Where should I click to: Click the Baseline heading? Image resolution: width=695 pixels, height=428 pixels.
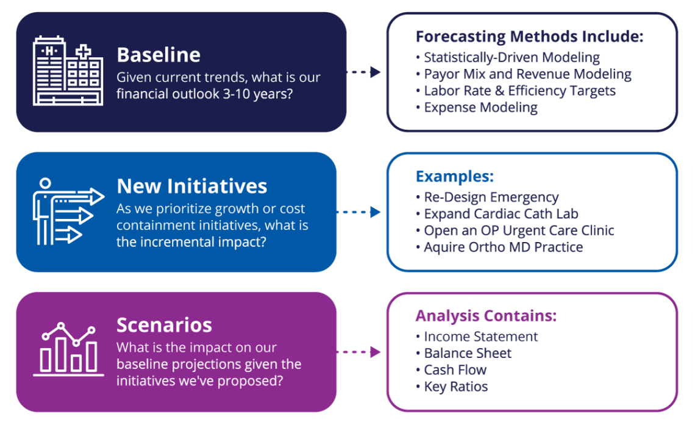(159, 55)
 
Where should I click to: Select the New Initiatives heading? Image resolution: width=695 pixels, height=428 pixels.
(191, 186)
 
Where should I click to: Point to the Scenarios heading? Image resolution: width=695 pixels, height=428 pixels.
(164, 324)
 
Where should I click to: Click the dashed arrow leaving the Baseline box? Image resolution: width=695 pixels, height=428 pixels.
(363, 72)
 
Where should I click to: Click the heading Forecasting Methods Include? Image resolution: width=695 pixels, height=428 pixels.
(529, 37)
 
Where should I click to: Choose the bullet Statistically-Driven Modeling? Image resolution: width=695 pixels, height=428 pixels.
(511, 58)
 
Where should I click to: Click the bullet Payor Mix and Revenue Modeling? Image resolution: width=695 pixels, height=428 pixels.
(527, 74)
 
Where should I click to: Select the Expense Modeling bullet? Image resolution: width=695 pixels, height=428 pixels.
(480, 108)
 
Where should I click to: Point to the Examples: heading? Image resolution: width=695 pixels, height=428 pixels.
(454, 177)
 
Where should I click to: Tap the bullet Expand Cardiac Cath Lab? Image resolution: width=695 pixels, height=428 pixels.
(501, 214)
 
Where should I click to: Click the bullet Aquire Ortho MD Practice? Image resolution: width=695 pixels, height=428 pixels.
(503, 247)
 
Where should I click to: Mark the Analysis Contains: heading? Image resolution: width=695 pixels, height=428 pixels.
(486, 316)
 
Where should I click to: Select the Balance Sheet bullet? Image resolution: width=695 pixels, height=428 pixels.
(467, 353)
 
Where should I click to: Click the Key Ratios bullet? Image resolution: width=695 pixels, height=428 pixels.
(455, 387)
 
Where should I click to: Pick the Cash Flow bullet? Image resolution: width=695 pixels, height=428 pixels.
(455, 370)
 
